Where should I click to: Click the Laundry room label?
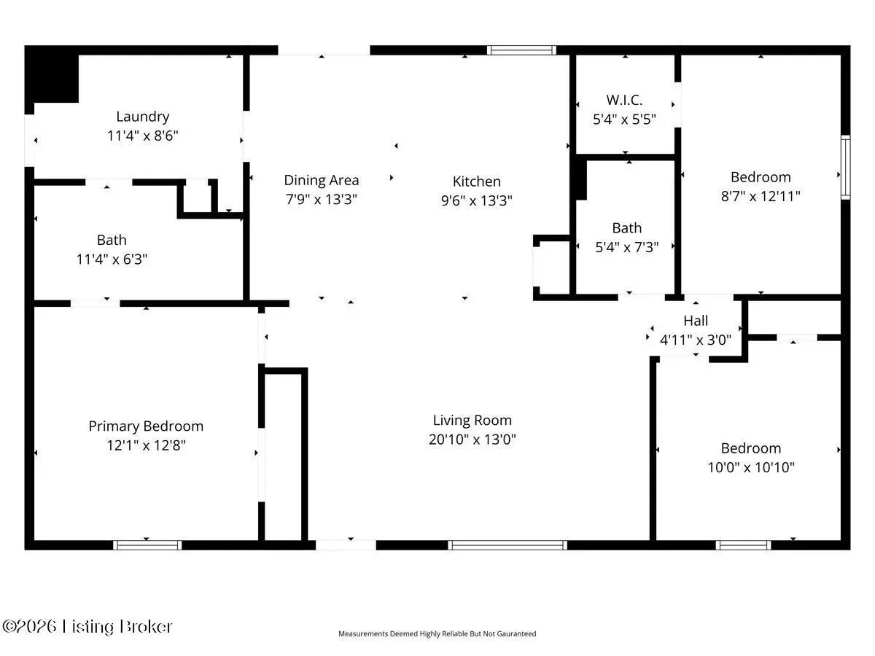click(x=143, y=117)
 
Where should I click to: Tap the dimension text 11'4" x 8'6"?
click(x=143, y=136)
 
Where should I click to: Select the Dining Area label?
click(x=322, y=181)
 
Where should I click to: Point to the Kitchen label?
click(x=476, y=181)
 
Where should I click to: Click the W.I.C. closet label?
click(x=624, y=100)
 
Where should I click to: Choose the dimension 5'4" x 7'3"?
click(x=626, y=247)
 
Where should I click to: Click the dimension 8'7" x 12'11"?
click(x=761, y=196)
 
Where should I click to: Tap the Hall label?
click(x=696, y=321)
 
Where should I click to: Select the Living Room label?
click(x=472, y=421)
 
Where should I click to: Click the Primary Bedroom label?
click(x=146, y=426)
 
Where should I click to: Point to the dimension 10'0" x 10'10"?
click(x=751, y=467)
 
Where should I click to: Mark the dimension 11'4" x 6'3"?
click(x=112, y=259)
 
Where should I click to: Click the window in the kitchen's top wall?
click(x=521, y=50)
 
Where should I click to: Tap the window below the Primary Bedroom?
click(x=147, y=545)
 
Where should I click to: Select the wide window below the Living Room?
click(x=507, y=545)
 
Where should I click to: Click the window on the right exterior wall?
click(x=846, y=168)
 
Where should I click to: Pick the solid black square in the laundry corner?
click(x=52, y=74)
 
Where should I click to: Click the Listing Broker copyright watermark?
click(x=87, y=627)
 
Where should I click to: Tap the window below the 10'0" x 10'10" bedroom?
click(x=744, y=545)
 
